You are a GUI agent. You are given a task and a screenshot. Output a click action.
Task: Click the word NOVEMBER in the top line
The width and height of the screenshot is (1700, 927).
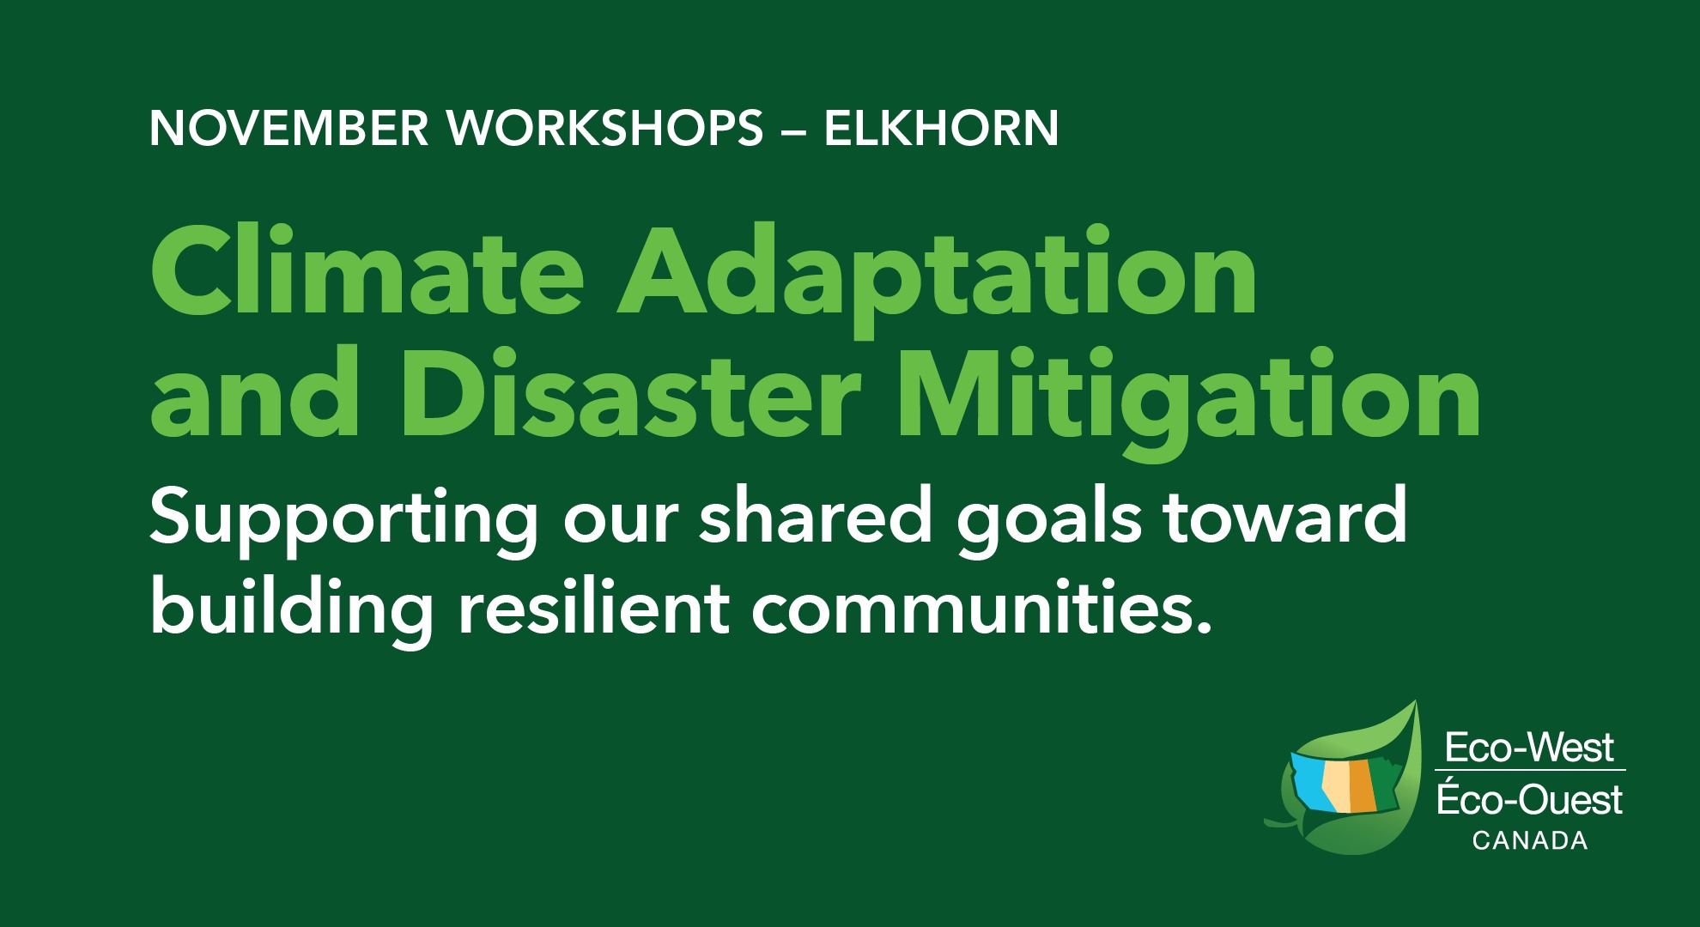(x=288, y=128)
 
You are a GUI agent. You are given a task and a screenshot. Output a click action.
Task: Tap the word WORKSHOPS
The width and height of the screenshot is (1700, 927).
(x=604, y=128)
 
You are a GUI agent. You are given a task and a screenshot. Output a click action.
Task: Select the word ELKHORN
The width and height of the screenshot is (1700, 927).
(x=941, y=128)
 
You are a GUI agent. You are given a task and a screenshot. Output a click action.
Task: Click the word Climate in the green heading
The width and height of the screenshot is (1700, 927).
(x=367, y=271)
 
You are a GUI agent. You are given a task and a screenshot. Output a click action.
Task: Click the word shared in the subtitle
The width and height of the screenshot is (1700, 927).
(x=816, y=516)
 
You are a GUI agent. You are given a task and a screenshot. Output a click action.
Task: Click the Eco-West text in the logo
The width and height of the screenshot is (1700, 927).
(x=1529, y=748)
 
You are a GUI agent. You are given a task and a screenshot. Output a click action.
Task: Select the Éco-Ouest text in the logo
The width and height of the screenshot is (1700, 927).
(x=1529, y=799)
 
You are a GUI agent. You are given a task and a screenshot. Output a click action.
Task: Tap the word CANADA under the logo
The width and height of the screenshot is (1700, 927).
(x=1530, y=840)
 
